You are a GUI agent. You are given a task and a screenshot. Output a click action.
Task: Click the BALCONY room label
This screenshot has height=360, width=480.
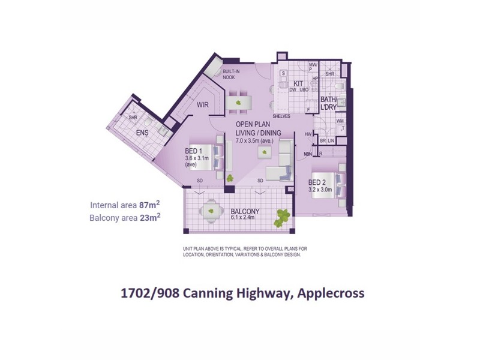tap(245, 211)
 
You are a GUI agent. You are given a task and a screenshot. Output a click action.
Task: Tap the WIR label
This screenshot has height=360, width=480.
tap(202, 104)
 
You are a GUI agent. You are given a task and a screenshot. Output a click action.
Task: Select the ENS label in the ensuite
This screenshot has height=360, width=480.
tap(142, 132)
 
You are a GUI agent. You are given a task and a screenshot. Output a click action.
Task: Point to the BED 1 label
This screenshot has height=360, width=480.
tap(193, 150)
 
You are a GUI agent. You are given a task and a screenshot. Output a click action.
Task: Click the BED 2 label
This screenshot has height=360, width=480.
tap(317, 182)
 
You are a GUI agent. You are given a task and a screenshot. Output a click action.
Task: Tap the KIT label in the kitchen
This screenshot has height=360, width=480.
tap(298, 83)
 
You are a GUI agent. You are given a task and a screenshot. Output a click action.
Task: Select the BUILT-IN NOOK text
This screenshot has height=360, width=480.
tap(231, 74)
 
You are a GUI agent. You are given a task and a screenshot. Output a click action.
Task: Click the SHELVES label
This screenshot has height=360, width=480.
tap(281, 116)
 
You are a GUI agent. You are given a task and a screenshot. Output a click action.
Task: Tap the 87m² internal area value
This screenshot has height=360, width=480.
tap(149, 205)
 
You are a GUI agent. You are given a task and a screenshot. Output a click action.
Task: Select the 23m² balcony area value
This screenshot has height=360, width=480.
tap(149, 217)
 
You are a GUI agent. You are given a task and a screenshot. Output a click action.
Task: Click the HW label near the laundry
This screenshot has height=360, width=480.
tap(308, 134)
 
